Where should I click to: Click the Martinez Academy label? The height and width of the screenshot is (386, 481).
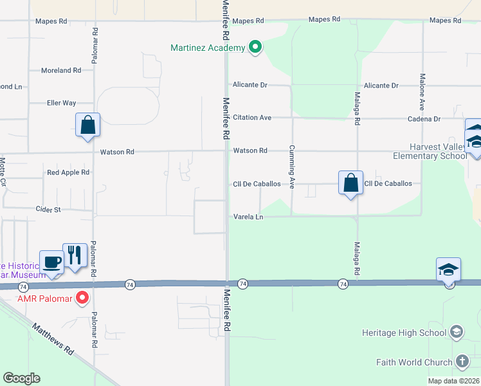207,48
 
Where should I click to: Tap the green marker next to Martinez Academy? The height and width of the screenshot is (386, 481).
255,47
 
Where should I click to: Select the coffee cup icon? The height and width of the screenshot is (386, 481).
51,262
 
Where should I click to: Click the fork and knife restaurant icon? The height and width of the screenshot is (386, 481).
75,255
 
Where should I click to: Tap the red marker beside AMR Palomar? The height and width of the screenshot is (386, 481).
82,297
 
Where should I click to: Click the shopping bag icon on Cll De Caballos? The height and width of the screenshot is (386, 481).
351,182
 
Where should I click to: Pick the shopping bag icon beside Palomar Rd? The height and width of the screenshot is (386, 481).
87,125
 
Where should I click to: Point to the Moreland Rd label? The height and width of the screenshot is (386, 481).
60,70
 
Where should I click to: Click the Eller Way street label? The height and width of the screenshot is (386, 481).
61,103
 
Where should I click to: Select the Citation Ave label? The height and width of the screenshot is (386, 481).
252,118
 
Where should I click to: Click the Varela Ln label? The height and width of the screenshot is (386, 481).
248,217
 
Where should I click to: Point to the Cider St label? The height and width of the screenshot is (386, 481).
48,210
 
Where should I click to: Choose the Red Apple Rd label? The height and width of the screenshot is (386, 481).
68,173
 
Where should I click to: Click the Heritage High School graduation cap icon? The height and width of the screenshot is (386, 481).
456,332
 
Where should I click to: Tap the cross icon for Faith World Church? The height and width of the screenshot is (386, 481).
462,361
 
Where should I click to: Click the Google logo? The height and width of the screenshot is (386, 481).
21,378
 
